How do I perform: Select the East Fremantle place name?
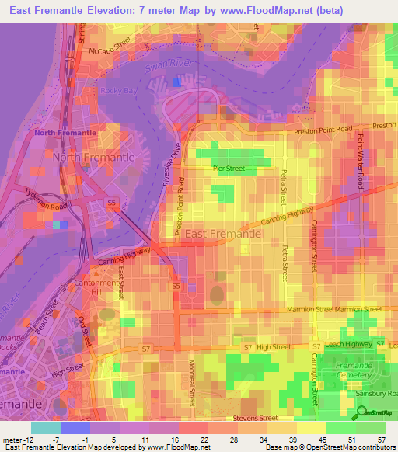click(x=222, y=233)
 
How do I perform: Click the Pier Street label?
click(x=229, y=167)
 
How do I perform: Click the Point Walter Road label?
click(x=361, y=161)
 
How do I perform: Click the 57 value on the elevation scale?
click(x=380, y=440)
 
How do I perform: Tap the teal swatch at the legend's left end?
click(x=45, y=428)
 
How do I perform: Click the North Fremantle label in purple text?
click(x=65, y=133)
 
